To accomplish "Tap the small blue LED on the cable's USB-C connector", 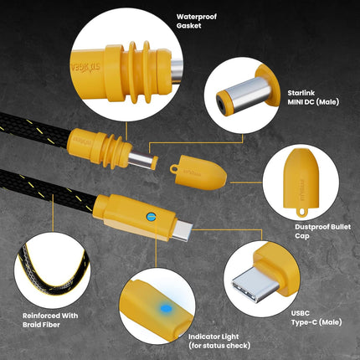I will coord(151,216).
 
